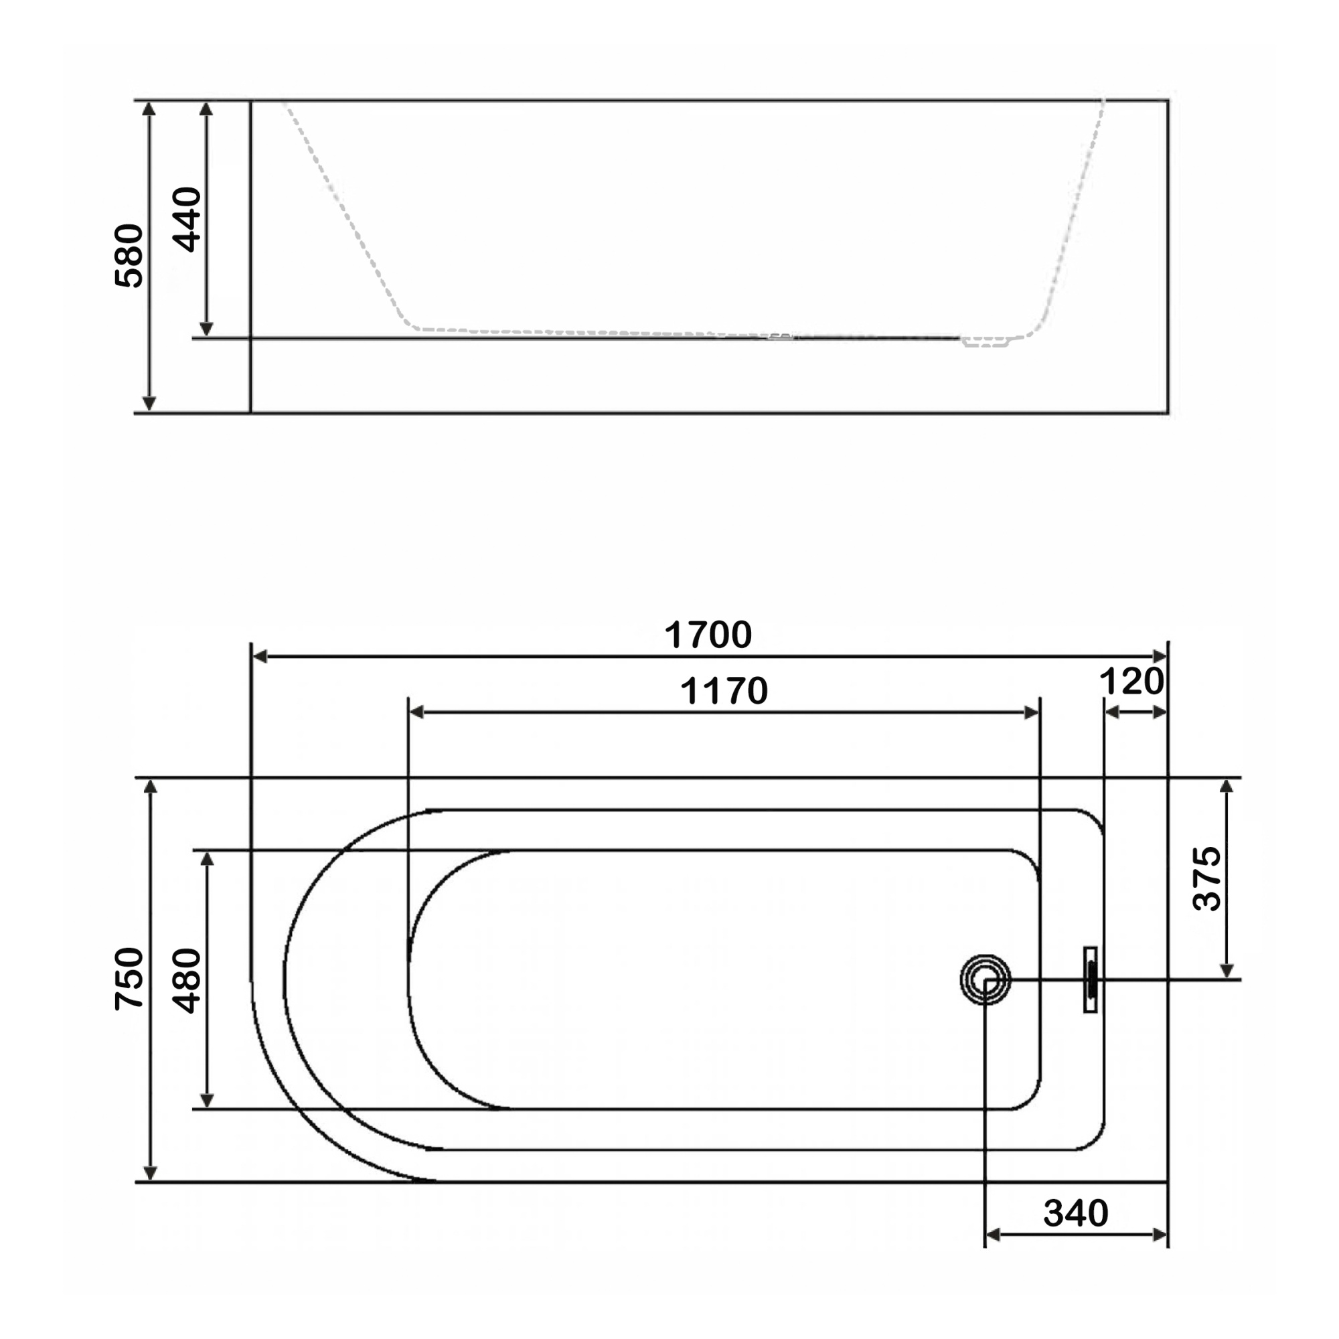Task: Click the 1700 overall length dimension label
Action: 708,634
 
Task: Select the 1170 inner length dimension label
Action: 724,690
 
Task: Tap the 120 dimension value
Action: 1131,682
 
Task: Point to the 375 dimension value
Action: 1206,878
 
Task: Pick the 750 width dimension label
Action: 130,979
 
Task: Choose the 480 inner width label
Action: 185,981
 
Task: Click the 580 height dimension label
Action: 129,255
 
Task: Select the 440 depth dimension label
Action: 186,219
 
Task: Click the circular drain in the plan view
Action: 985,979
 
